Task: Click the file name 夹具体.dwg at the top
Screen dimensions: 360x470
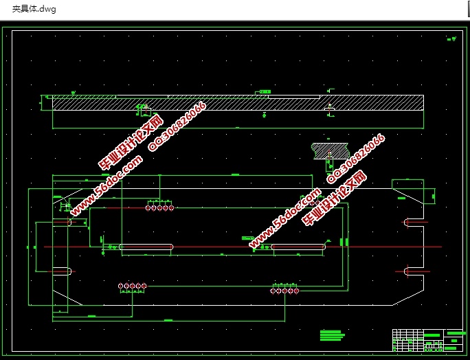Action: pos(34,9)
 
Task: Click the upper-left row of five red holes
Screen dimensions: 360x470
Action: pos(159,207)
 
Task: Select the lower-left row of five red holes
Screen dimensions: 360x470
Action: pos(132,286)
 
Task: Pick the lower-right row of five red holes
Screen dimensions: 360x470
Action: pos(284,291)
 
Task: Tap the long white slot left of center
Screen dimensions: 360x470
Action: pos(146,247)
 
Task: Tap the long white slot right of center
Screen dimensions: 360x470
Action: pos(298,247)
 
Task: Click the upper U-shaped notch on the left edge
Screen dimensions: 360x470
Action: pos(62,223)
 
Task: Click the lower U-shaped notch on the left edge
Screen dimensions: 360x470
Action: pos(62,271)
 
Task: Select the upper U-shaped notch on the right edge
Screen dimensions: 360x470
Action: pos(414,222)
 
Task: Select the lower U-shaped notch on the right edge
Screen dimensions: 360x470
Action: pos(414,271)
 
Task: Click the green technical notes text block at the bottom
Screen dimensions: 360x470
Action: pos(331,335)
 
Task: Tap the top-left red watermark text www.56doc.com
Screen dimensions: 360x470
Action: pos(107,184)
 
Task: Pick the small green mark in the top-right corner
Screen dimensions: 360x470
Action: pos(451,39)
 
